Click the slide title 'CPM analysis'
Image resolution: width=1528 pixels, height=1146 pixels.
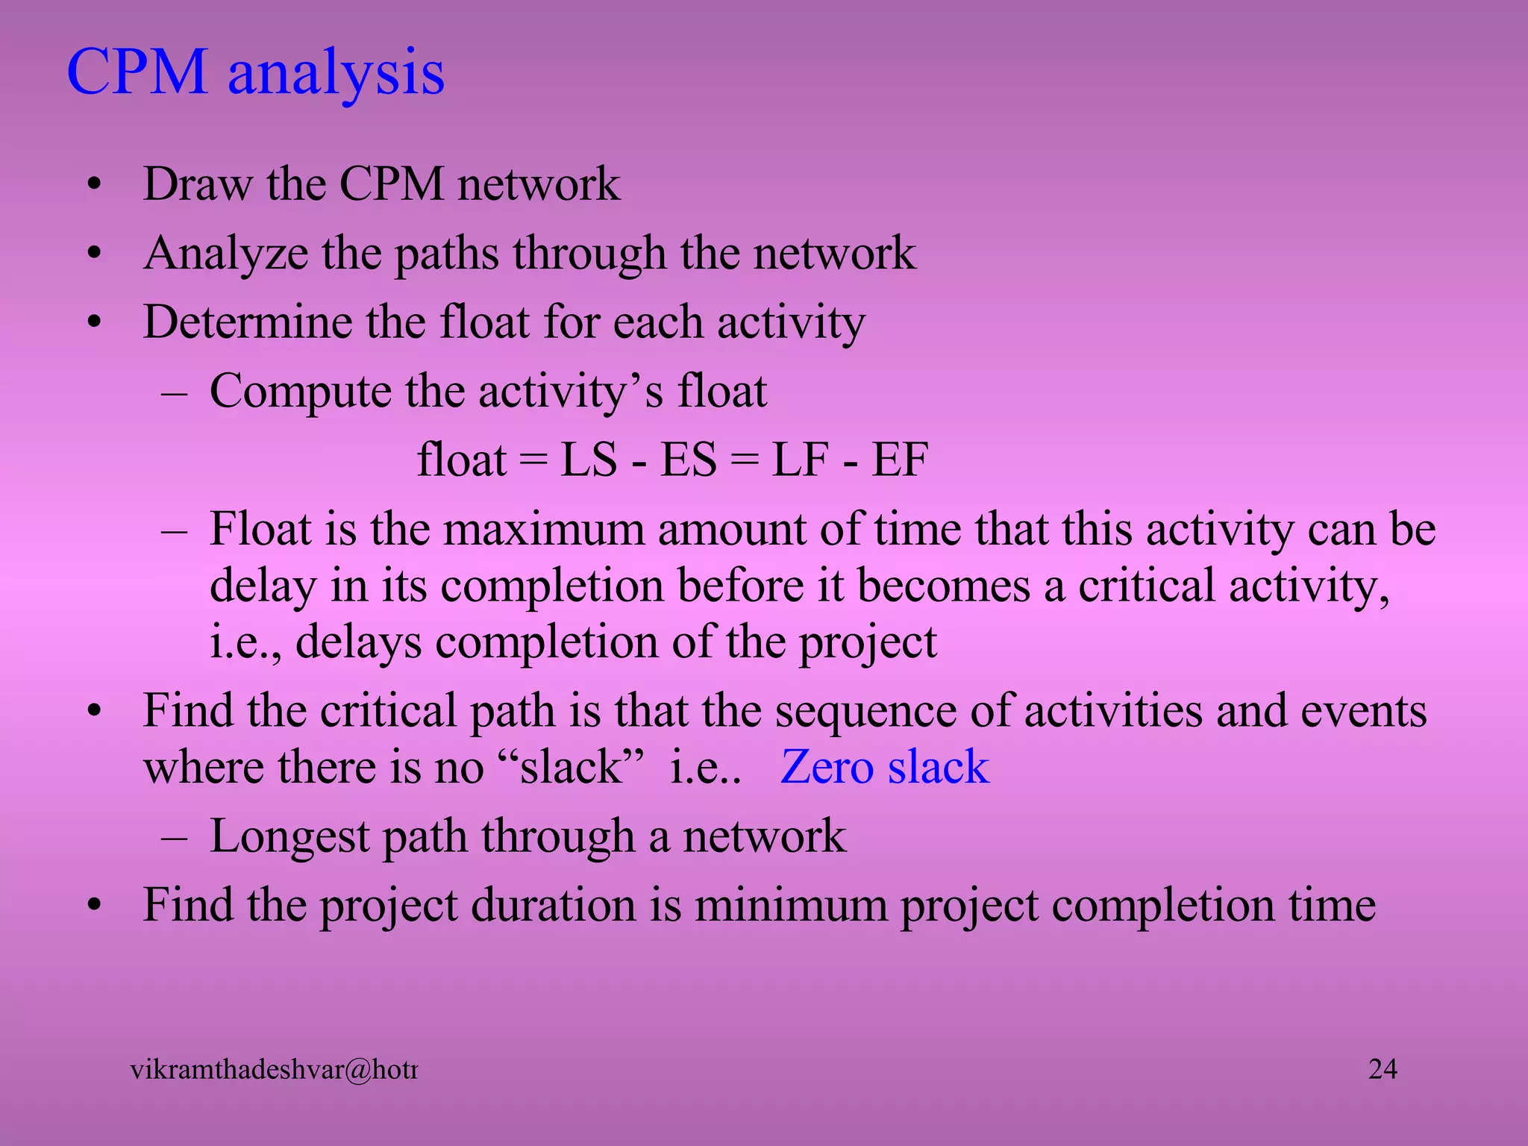pyautogui.click(x=256, y=72)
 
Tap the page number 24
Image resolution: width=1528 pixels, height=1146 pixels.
pyautogui.click(x=1383, y=1069)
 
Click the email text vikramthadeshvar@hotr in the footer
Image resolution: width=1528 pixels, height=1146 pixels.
pyautogui.click(x=274, y=1070)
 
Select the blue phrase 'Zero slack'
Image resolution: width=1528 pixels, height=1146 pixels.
pyautogui.click(x=884, y=767)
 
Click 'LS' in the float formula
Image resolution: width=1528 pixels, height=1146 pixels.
pyautogui.click(x=589, y=460)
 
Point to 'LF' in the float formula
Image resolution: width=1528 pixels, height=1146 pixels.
pyautogui.click(x=800, y=460)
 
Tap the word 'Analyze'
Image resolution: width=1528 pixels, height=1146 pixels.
pyautogui.click(x=225, y=254)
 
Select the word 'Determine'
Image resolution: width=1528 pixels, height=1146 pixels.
pyautogui.click(x=247, y=322)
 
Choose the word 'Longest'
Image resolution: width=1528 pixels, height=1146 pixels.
pyautogui.click(x=289, y=836)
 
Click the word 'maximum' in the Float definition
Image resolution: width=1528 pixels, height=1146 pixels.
pyautogui.click(x=544, y=529)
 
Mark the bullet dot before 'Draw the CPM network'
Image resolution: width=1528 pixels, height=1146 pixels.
pyautogui.click(x=93, y=184)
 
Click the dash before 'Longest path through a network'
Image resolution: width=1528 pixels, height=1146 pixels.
pyautogui.click(x=174, y=837)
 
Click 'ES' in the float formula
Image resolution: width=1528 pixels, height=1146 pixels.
pyautogui.click(x=689, y=460)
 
